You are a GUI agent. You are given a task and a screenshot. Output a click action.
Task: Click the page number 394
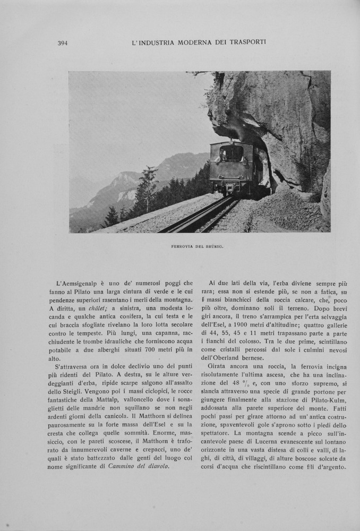pyautogui.click(x=63, y=43)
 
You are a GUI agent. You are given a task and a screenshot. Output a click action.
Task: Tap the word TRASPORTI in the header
pyautogui.click(x=244, y=42)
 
